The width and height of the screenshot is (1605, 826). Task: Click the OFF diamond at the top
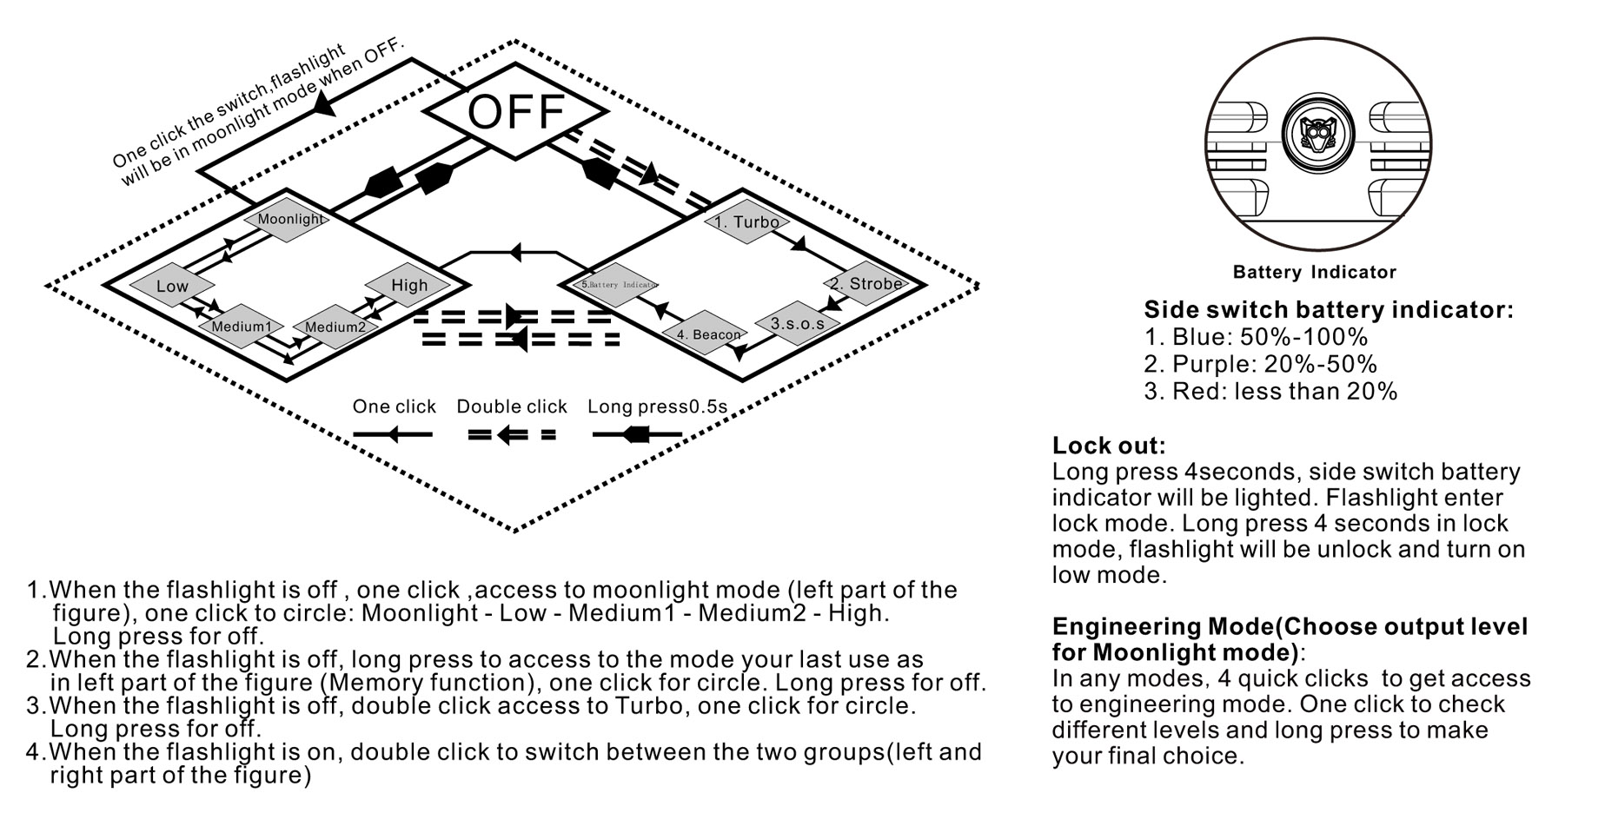point(516,112)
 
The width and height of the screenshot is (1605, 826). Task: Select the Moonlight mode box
point(290,219)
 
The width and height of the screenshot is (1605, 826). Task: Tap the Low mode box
point(172,286)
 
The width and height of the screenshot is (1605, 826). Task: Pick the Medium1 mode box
point(242,327)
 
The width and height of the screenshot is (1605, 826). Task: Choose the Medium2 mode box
point(335,327)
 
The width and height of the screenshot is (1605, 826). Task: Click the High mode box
point(408,285)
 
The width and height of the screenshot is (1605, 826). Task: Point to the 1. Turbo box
point(746,221)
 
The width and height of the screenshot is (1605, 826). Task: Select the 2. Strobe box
point(866,283)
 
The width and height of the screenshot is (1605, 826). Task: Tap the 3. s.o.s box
point(797,323)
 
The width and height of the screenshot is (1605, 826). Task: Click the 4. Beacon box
point(708,334)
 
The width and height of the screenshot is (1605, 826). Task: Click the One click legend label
point(394,406)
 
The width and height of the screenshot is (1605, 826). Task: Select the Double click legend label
point(511,406)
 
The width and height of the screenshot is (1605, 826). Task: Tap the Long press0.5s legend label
point(657,406)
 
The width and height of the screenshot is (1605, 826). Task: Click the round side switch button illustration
point(1317,134)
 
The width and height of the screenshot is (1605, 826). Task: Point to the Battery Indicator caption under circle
point(1314,272)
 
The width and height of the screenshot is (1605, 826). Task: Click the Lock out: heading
point(1108,446)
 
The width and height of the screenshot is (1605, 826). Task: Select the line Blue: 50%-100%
point(1256,337)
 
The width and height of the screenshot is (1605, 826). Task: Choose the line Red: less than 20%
point(1270,391)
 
